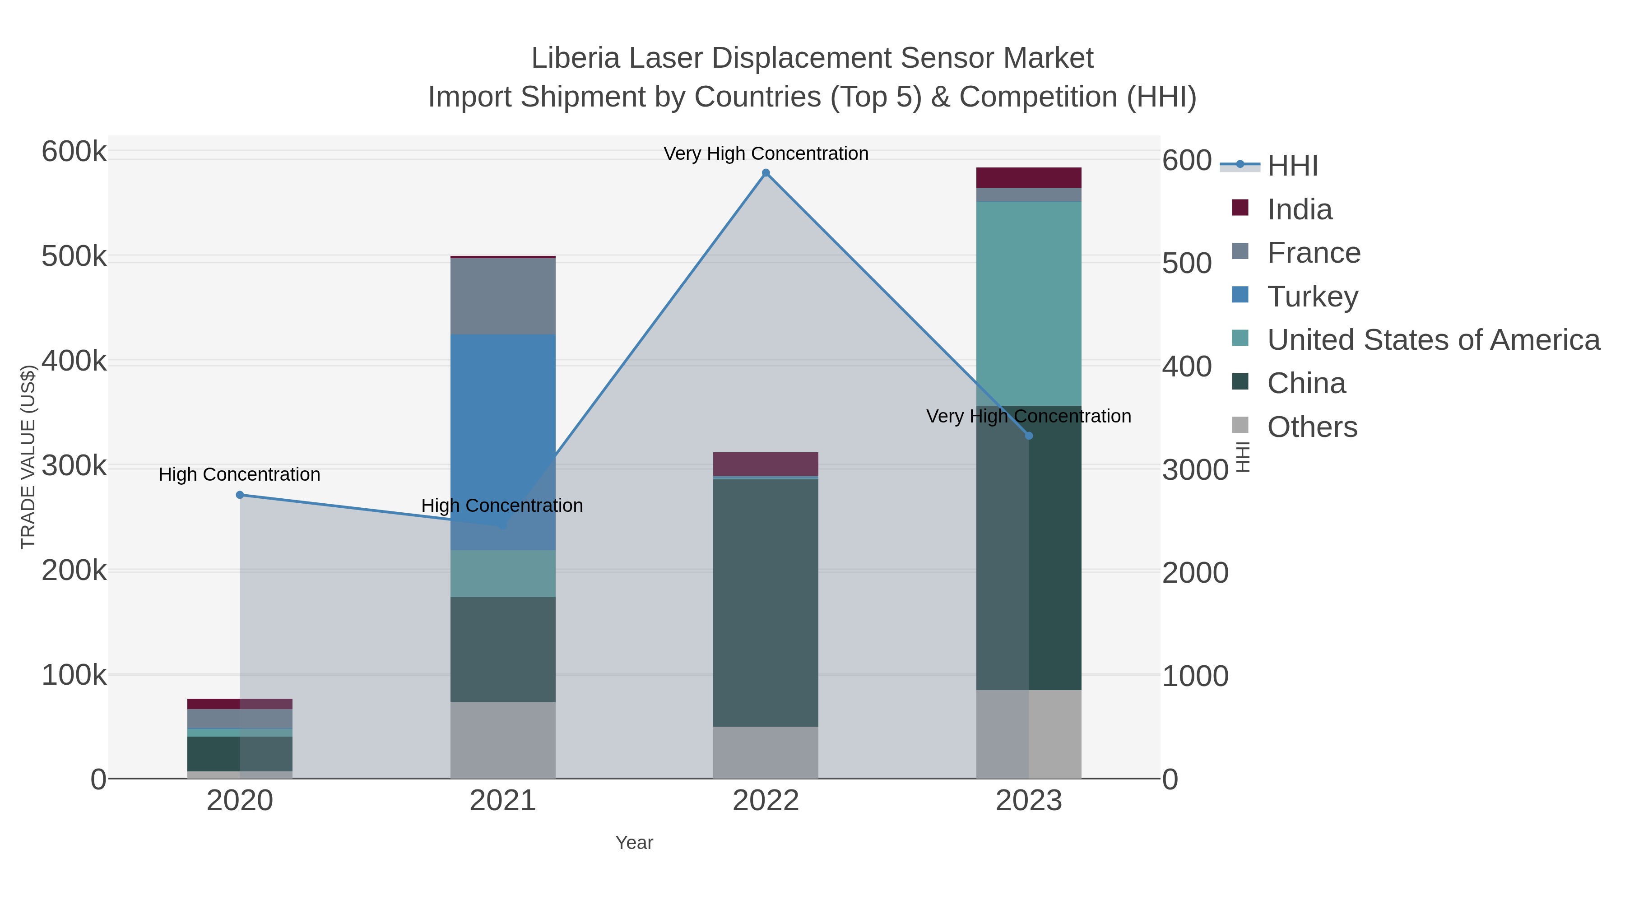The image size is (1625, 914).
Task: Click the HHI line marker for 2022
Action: pyautogui.click(x=766, y=173)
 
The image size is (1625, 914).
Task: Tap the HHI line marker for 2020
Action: pyautogui.click(x=240, y=495)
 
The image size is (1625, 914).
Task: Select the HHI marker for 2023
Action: pyautogui.click(x=1029, y=436)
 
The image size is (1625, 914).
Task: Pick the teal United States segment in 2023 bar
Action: pyautogui.click(x=1029, y=303)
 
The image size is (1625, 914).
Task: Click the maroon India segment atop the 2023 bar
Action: pyautogui.click(x=1029, y=177)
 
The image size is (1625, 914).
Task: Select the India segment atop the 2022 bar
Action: pyautogui.click(x=766, y=464)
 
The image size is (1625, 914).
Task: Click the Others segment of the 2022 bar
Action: pyautogui.click(x=766, y=752)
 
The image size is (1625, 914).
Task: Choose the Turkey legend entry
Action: pyautogui.click(x=1312, y=297)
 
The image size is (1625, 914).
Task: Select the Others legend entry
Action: pyautogui.click(x=1312, y=427)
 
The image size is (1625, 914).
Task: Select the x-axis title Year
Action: pyautogui.click(x=634, y=843)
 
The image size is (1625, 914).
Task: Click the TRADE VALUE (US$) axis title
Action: pyautogui.click(x=28, y=457)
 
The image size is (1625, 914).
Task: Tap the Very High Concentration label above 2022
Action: pyautogui.click(x=766, y=154)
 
